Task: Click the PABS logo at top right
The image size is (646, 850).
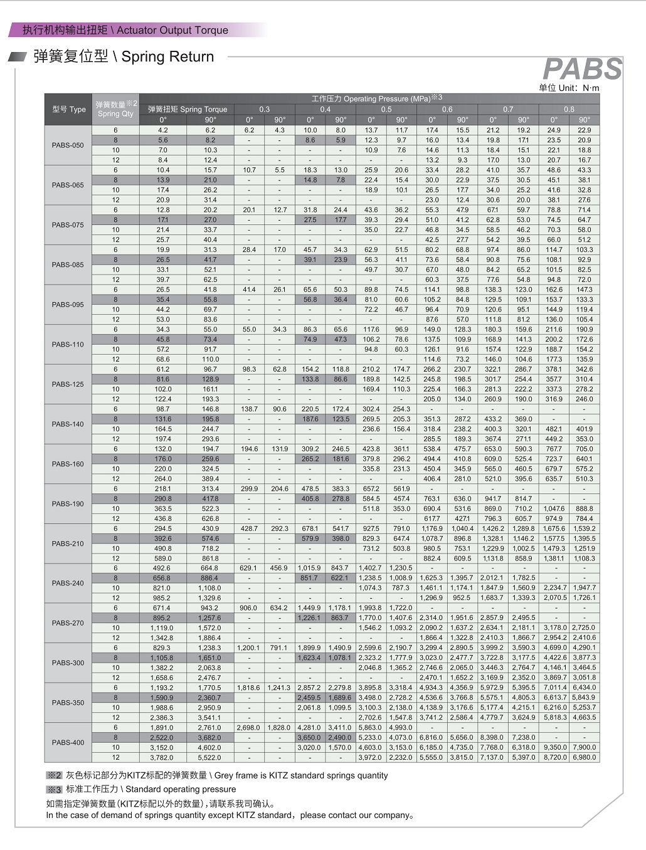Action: pos(582,69)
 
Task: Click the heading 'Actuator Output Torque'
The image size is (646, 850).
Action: pos(172,30)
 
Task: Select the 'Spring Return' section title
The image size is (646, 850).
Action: pos(167,56)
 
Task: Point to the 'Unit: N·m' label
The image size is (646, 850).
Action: pos(569,88)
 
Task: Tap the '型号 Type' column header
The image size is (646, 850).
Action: pos(68,109)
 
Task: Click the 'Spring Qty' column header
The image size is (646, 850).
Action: pos(115,109)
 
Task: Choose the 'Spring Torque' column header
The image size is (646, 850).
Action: pos(187,109)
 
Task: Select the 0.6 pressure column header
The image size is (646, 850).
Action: pos(447,109)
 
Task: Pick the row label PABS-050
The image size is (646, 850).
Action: pos(68,145)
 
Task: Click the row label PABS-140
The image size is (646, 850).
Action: pos(68,424)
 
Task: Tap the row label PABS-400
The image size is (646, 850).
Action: pos(68,742)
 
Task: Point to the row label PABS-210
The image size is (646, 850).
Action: pos(68,543)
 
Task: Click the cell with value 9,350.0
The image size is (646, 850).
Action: pos(554,747)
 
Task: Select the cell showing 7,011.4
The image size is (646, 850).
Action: pos(554,688)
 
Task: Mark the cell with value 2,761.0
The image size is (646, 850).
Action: pos(210,728)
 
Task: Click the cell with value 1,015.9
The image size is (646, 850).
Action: pos(310,568)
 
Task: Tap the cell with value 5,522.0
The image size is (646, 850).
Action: pos(210,757)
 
